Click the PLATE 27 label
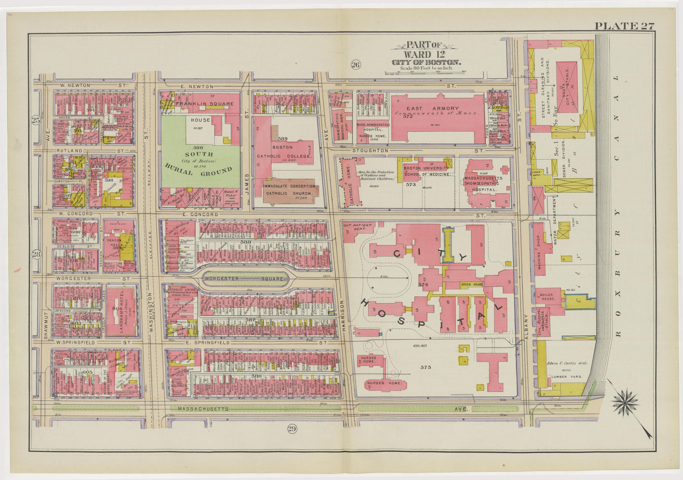pyautogui.click(x=624, y=26)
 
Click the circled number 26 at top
pyautogui.click(x=356, y=65)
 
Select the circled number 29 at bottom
pyautogui.click(x=292, y=428)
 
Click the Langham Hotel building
pyautogui.click(x=120, y=312)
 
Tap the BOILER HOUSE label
pyautogui.click(x=547, y=297)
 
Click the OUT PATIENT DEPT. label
pyautogui.click(x=358, y=227)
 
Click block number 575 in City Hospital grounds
pyautogui.click(x=425, y=367)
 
